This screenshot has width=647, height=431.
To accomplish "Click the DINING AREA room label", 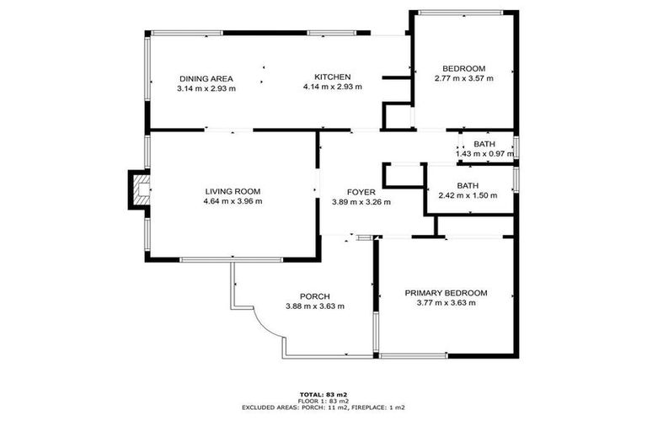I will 206,77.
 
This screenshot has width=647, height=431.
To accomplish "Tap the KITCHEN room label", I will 332,77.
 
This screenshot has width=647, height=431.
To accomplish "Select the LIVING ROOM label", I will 233,191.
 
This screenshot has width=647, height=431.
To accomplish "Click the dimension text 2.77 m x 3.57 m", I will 463,77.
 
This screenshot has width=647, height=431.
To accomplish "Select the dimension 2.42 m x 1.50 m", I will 468,195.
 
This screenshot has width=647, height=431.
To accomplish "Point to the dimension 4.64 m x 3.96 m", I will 233,201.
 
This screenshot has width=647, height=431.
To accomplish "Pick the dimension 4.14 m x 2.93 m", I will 332,87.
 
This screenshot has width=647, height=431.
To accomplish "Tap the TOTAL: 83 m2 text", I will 323,394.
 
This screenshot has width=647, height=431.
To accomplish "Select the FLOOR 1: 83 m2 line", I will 323,401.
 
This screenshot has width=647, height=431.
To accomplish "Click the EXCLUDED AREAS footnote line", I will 323,407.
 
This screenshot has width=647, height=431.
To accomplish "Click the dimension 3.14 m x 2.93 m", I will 206,87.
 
